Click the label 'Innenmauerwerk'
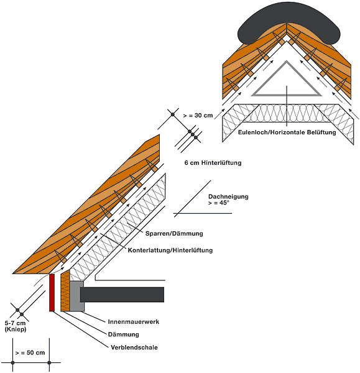point(134,321)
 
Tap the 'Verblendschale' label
point(134,348)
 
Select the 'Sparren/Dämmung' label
point(174,234)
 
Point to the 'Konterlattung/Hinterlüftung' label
point(170,251)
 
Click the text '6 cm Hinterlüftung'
point(213,163)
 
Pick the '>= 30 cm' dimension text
point(198,116)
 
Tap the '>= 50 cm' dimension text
point(30,352)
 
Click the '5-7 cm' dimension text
point(15,323)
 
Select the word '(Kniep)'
point(16,329)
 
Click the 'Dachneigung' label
point(228,196)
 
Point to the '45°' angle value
point(224,203)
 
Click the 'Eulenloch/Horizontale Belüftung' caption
point(287,132)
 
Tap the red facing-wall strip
point(52,292)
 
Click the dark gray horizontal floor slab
point(122,295)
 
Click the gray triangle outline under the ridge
point(287,94)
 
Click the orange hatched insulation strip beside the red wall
point(65,291)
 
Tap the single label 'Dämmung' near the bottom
point(124,334)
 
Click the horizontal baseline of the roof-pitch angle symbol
point(203,213)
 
